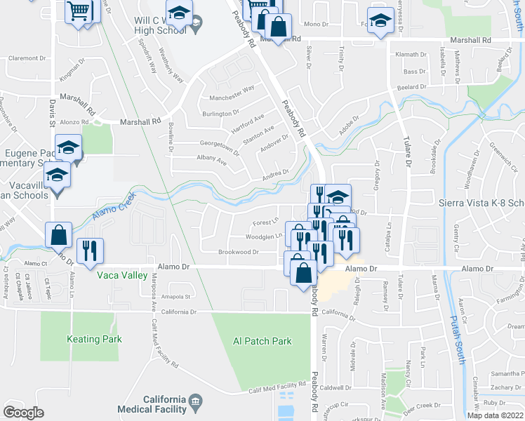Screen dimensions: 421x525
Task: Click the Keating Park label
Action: pos(94,340)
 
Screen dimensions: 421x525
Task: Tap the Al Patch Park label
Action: pos(262,342)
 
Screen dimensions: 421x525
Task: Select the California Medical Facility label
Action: pos(165,404)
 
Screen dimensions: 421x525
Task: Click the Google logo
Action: pos(23,413)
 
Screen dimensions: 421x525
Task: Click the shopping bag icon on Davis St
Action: pos(59,235)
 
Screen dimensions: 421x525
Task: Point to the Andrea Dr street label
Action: pos(275,172)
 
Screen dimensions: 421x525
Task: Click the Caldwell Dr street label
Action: pos(335,387)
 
